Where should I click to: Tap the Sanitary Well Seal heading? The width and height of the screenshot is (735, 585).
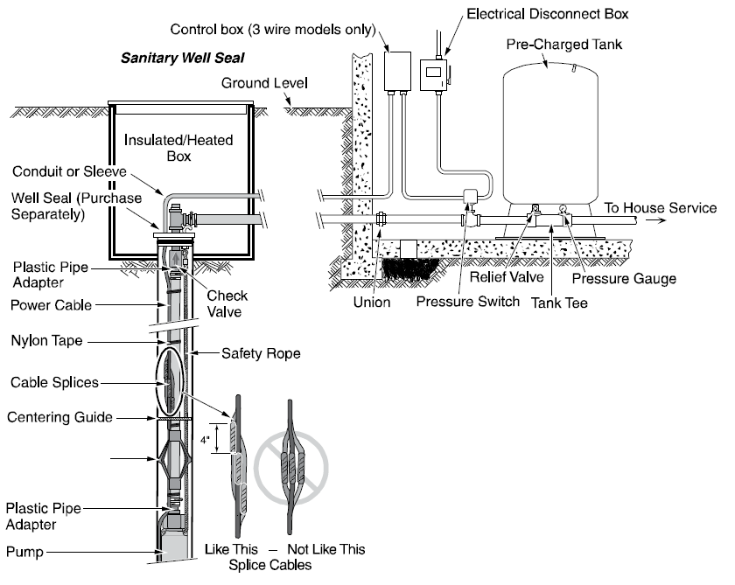(x=182, y=59)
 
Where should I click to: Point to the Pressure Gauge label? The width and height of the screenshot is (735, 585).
(x=624, y=279)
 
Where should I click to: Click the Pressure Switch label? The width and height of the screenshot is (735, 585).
(x=467, y=302)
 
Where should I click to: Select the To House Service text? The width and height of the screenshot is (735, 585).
(x=661, y=207)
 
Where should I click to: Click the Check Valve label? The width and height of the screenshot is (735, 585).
(x=226, y=303)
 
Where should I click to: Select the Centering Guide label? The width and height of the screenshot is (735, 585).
(x=60, y=417)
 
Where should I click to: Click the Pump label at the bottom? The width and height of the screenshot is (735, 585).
(x=23, y=552)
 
